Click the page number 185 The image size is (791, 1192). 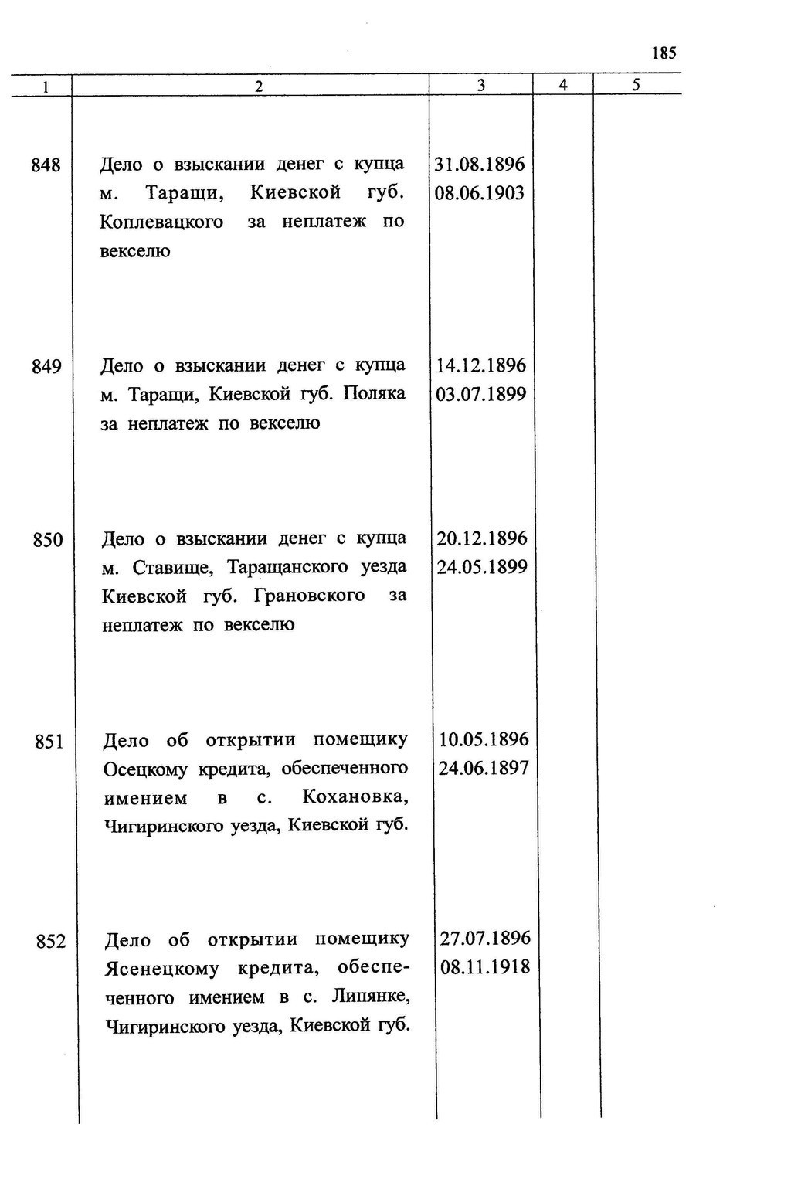click(x=664, y=53)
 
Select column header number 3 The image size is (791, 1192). click(x=480, y=86)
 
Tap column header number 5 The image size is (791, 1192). click(x=636, y=85)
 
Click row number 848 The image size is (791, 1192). click(x=46, y=165)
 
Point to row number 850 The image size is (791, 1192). click(x=48, y=539)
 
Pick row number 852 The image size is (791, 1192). click(x=51, y=942)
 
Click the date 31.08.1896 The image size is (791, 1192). click(x=480, y=165)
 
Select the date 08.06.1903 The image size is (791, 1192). click(x=480, y=193)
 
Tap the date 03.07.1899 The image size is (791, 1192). click(x=480, y=395)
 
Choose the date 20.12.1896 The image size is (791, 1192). click(x=482, y=538)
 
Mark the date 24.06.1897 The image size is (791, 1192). click(x=484, y=769)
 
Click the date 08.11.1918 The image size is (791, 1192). click(x=485, y=967)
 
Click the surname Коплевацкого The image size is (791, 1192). click(x=161, y=222)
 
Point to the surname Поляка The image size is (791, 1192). click(x=374, y=394)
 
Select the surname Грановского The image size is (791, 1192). click(x=309, y=596)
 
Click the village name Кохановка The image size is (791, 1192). click(x=355, y=797)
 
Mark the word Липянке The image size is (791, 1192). click(x=370, y=997)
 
